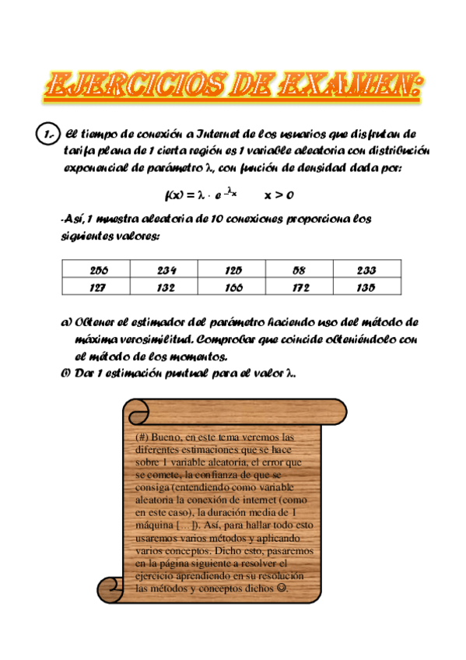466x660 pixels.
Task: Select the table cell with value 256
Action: [x=98, y=271]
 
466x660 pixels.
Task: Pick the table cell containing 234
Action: [x=166, y=271]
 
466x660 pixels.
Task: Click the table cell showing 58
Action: [x=300, y=271]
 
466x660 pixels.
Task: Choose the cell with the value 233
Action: [x=367, y=271]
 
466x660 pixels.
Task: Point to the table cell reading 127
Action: [x=98, y=287]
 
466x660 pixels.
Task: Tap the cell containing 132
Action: [x=166, y=287]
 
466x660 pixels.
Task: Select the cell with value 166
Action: [x=233, y=287]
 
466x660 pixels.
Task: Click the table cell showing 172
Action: [x=300, y=287]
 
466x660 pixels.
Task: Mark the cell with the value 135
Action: [x=367, y=287]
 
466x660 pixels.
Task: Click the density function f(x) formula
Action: [x=201, y=195]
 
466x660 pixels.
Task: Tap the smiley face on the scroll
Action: [x=281, y=589]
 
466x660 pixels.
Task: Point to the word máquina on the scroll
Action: [x=154, y=525]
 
